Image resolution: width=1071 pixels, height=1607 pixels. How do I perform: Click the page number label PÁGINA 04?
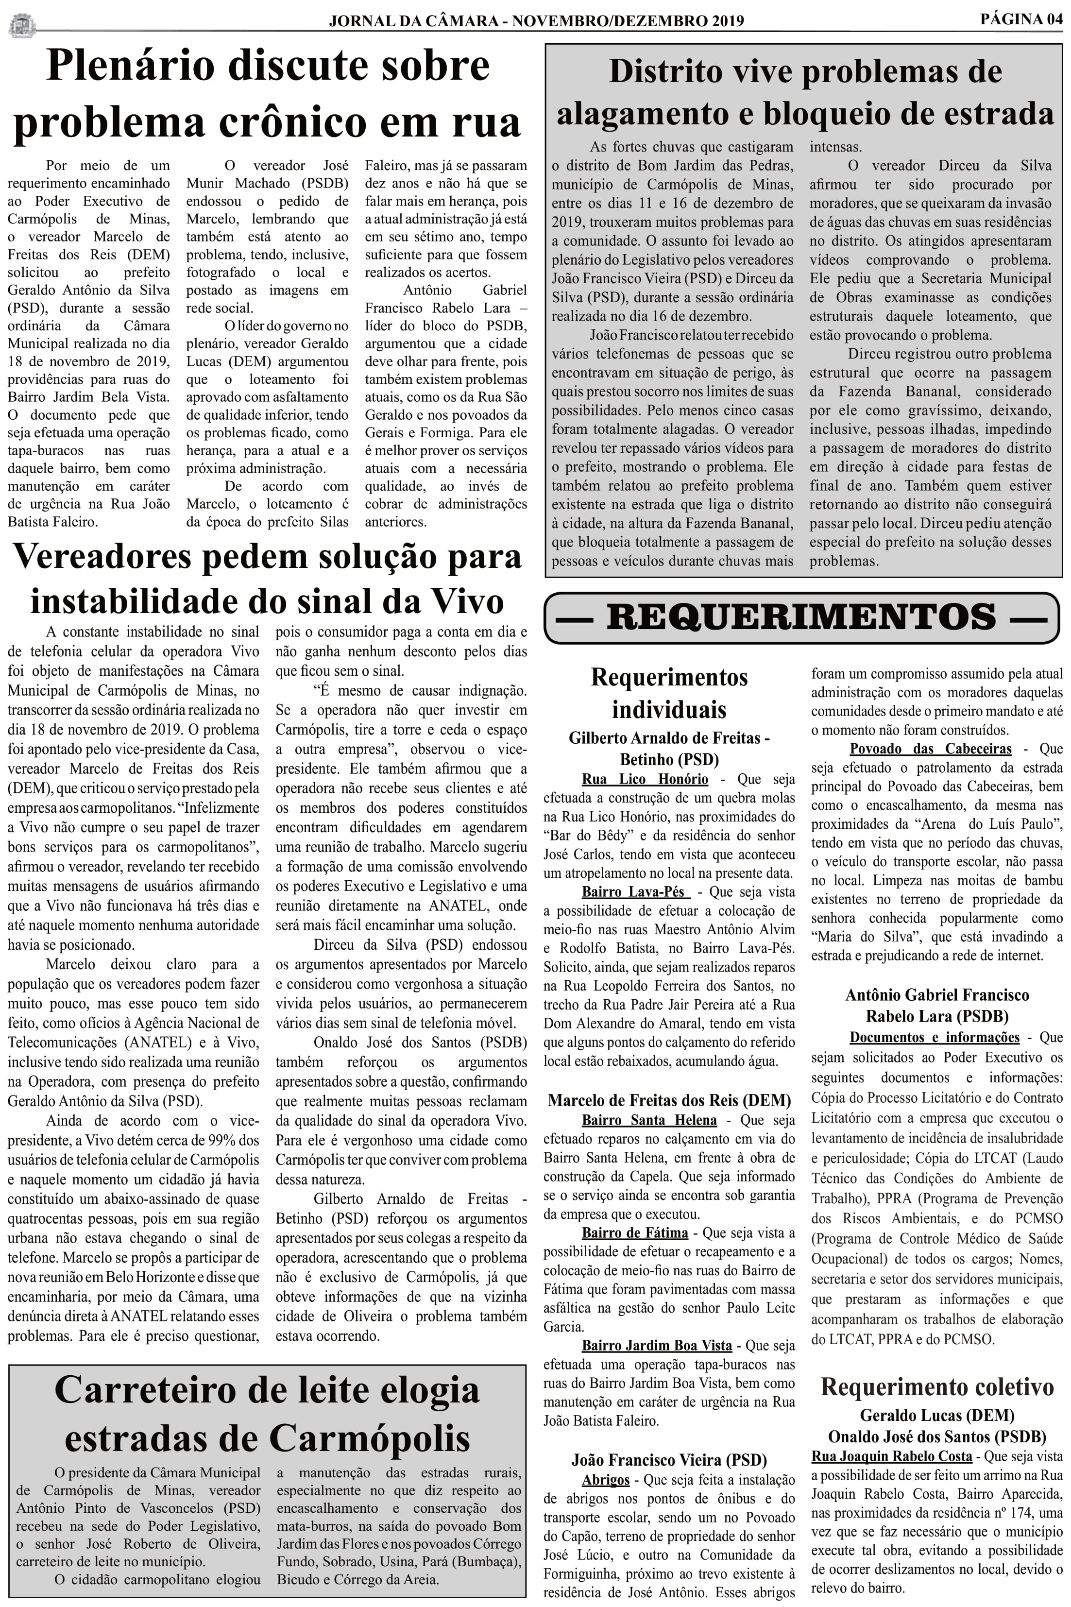coord(1020,18)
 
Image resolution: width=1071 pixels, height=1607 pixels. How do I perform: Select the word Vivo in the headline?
coord(466,601)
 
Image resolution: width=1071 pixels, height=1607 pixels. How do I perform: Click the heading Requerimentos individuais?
coord(669,693)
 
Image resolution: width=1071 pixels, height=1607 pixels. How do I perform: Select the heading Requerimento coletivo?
coord(936,1386)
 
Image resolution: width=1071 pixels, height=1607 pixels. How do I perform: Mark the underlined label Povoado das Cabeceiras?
coord(930,749)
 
